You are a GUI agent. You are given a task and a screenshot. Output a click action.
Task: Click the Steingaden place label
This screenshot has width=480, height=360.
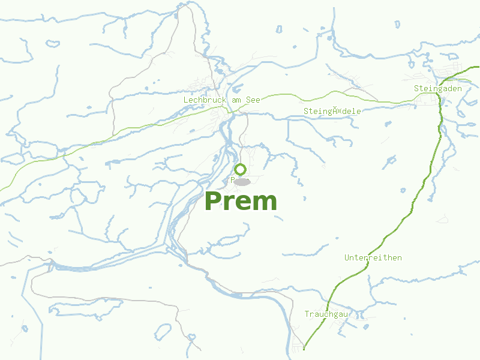coord(438,88)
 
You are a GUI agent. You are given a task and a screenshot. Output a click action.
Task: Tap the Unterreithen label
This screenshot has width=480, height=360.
coord(373,257)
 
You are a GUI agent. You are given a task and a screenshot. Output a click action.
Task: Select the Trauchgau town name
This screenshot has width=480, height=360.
coord(326,314)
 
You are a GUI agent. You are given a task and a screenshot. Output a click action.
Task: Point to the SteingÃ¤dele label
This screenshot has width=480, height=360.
coord(332,111)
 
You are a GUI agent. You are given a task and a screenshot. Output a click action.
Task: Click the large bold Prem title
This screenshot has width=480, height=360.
coord(241,202)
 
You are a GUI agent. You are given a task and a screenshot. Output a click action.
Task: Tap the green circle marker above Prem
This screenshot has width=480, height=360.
coord(240,169)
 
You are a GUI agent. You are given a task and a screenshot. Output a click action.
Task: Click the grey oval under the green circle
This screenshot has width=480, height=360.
coord(241,181)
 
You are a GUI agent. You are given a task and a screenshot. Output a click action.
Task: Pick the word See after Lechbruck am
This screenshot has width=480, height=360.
coord(253,100)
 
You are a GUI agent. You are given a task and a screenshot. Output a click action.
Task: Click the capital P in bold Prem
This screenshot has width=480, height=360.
coord(214,202)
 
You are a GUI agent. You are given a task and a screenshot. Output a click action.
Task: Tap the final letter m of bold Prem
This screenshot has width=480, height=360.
coord(266,203)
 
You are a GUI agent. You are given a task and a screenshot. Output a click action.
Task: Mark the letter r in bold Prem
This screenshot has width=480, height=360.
coord(230,203)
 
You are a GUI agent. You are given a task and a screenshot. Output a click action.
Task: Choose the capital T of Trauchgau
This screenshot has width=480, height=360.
coord(307,314)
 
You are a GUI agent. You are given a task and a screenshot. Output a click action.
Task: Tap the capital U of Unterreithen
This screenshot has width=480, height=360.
coord(347,257)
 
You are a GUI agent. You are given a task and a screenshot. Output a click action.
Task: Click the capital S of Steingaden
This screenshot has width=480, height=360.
coord(416,88)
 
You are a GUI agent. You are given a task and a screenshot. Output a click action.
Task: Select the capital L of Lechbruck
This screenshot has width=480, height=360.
coord(186,100)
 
